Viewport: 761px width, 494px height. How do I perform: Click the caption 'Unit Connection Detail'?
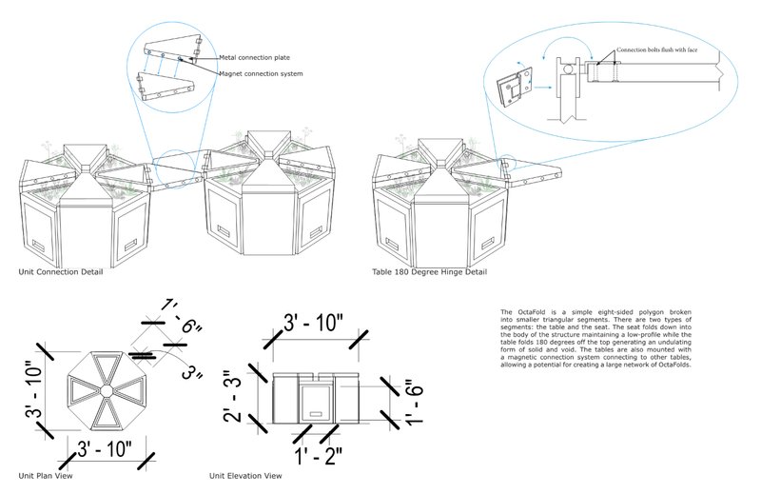click(x=61, y=271)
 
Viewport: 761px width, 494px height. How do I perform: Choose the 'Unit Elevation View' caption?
click(x=245, y=474)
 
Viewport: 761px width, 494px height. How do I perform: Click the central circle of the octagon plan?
click(x=107, y=391)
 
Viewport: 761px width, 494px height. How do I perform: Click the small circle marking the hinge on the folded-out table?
click(x=505, y=163)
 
